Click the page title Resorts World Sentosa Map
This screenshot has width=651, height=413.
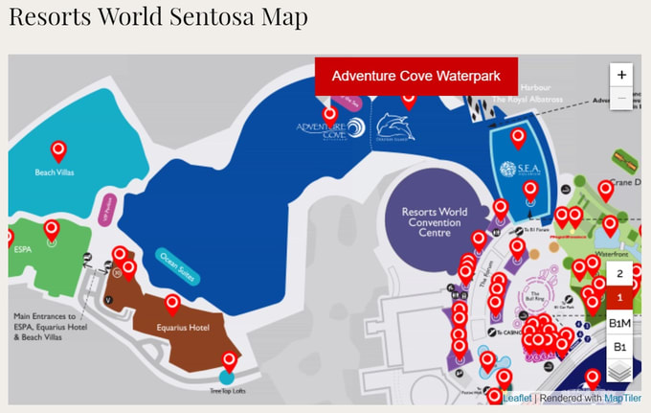tap(158, 18)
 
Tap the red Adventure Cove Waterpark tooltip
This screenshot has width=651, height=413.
tap(416, 76)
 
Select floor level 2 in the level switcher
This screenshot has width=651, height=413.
tap(620, 274)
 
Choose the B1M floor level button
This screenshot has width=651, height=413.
tap(620, 323)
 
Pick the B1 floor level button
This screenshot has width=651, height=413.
tap(620, 347)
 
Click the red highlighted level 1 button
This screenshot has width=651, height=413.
tap(620, 298)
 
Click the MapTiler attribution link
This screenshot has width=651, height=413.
tap(622, 398)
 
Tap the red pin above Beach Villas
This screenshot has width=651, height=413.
tap(58, 150)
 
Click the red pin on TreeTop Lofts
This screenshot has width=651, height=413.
tap(228, 361)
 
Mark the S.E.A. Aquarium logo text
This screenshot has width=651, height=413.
tap(508, 170)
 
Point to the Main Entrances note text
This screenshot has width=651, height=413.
tap(45, 326)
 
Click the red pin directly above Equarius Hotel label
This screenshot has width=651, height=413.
tap(173, 305)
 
